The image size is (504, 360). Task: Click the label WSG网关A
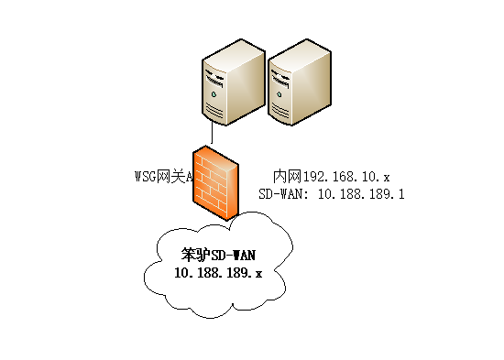(163, 176)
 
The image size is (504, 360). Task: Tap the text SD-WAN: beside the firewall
(283, 194)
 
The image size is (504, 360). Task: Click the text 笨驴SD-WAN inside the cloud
(217, 253)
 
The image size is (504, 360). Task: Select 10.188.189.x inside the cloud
(218, 272)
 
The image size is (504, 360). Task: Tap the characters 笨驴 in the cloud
(193, 253)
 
